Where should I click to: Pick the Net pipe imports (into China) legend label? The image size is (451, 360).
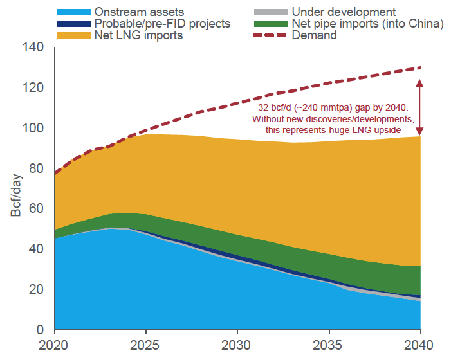[x=367, y=24]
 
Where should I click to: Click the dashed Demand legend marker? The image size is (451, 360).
[x=264, y=35]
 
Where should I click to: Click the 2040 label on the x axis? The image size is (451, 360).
[x=420, y=345]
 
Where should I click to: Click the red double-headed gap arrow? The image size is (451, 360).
[x=420, y=106]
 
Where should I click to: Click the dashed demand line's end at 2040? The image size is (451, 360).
[x=420, y=67]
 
